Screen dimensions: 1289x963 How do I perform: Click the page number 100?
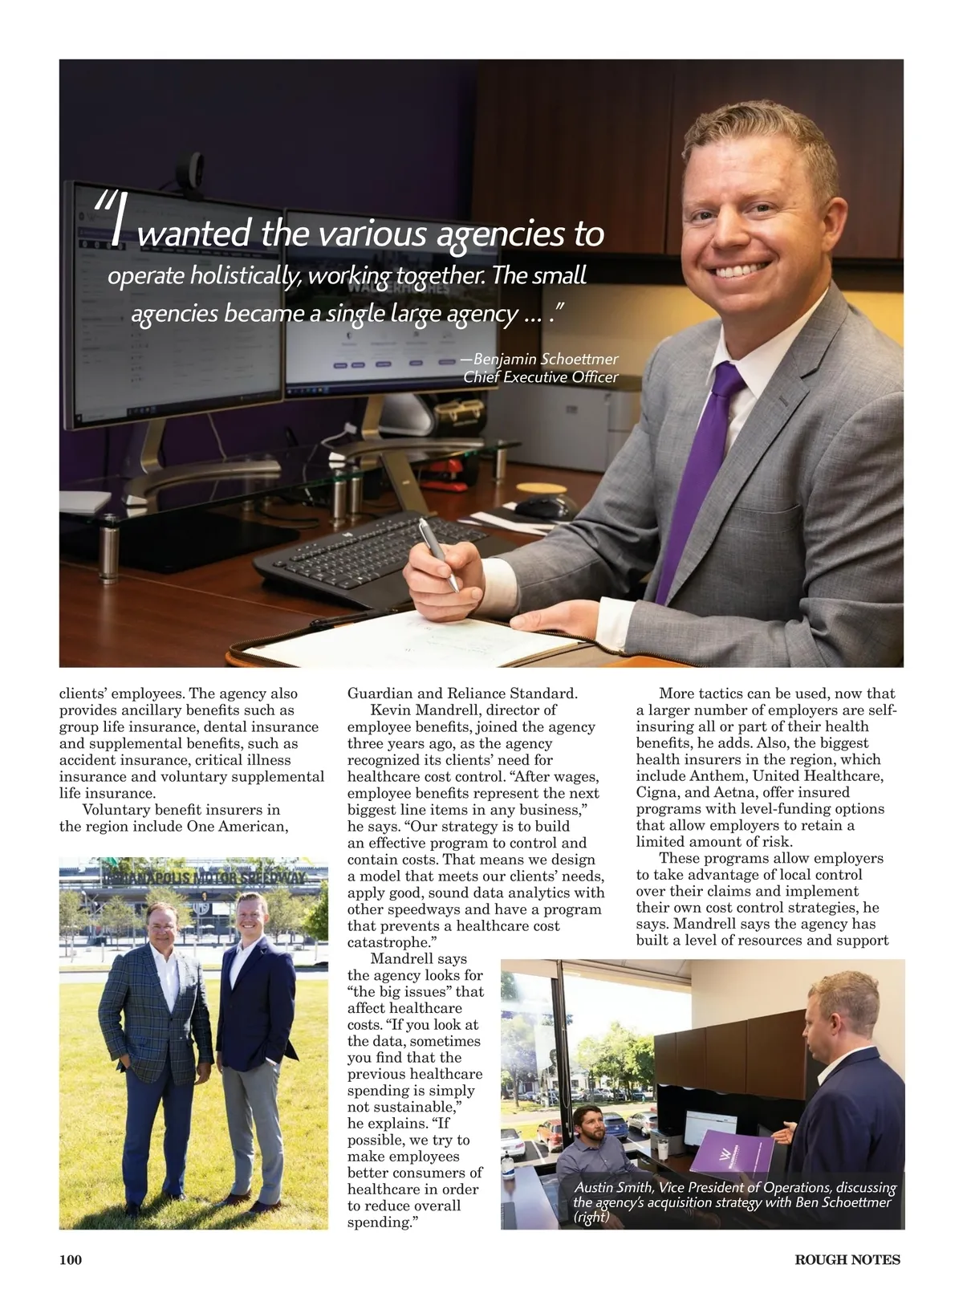(71, 1259)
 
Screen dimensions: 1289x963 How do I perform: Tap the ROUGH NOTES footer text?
(847, 1259)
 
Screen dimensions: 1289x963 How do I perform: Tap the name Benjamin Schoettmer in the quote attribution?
(546, 359)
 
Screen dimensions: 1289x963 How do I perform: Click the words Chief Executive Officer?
(541, 377)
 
